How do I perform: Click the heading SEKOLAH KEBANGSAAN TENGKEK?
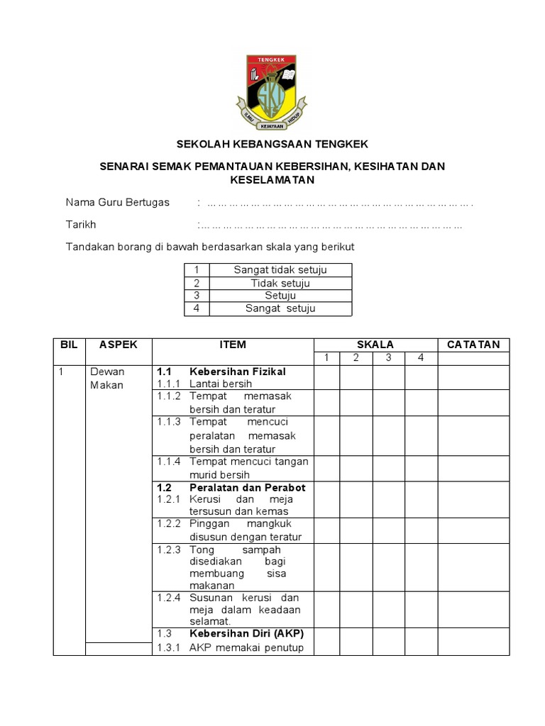(272, 144)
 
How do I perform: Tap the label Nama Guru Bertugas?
(118, 202)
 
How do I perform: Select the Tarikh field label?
(81, 225)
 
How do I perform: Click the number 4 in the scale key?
(197, 308)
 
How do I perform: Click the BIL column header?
(69, 345)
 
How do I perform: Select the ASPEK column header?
(119, 345)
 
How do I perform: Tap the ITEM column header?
(233, 345)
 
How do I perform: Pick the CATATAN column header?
(473, 345)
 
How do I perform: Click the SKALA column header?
(375, 345)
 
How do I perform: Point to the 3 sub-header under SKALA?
(389, 358)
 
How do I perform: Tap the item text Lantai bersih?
(216, 384)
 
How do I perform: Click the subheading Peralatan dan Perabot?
(247, 488)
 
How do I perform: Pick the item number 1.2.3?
(169, 549)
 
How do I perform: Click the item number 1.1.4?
(169, 462)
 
